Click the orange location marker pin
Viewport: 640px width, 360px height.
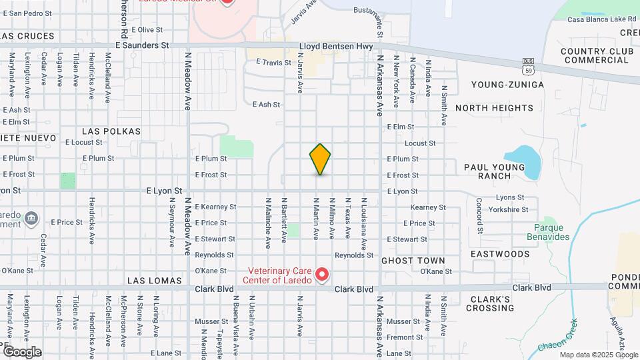click(320, 159)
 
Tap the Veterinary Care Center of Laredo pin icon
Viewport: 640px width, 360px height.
click(323, 274)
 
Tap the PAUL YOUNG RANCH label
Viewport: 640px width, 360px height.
click(494, 171)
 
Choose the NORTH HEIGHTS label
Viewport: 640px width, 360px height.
click(494, 108)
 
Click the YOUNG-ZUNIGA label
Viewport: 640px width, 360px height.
click(507, 85)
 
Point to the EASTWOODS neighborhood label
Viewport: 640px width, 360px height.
click(500, 254)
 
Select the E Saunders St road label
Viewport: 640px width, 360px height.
click(142, 45)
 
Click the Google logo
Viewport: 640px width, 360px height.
click(22, 351)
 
